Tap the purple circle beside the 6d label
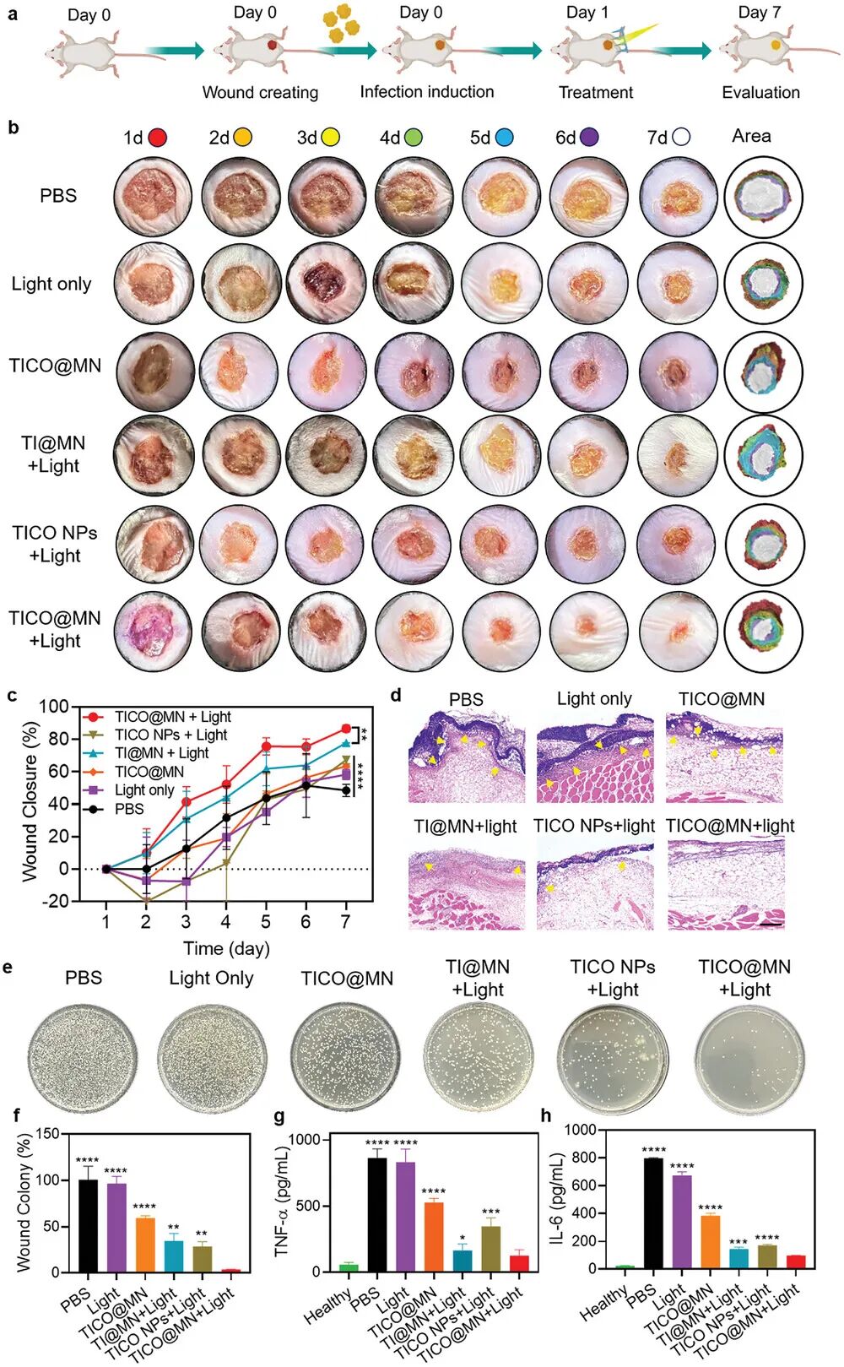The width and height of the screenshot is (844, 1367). click(x=589, y=138)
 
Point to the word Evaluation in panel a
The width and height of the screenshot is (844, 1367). click(x=760, y=93)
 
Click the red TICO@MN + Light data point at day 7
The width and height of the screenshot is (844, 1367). click(x=345, y=729)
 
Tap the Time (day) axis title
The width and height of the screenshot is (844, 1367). click(x=226, y=948)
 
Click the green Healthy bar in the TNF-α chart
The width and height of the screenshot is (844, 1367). click(x=348, y=1267)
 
